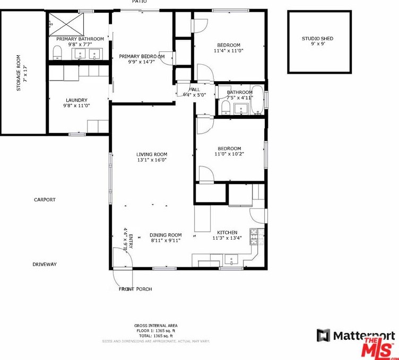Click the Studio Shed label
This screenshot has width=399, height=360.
coord(317,39)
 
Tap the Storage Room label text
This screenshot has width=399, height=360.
coord(19,73)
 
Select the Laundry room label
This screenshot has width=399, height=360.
coord(76,100)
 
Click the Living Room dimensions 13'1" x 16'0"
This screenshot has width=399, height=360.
coord(151,160)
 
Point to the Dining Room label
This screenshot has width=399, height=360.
coord(166,235)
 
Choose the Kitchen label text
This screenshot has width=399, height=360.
coord(227,232)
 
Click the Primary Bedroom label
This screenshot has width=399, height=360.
coord(142,56)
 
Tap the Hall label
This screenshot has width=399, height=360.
coord(194,90)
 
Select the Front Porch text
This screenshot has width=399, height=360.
coord(135,289)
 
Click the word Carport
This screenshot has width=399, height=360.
coord(45,200)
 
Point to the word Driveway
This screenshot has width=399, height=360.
coord(44,264)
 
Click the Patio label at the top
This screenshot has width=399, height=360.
coord(140,2)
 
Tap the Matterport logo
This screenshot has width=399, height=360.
coord(356,336)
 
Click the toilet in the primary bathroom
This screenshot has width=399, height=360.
coord(57,52)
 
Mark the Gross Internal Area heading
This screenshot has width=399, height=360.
coord(155,326)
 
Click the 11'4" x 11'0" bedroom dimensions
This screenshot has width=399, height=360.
coord(228,51)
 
